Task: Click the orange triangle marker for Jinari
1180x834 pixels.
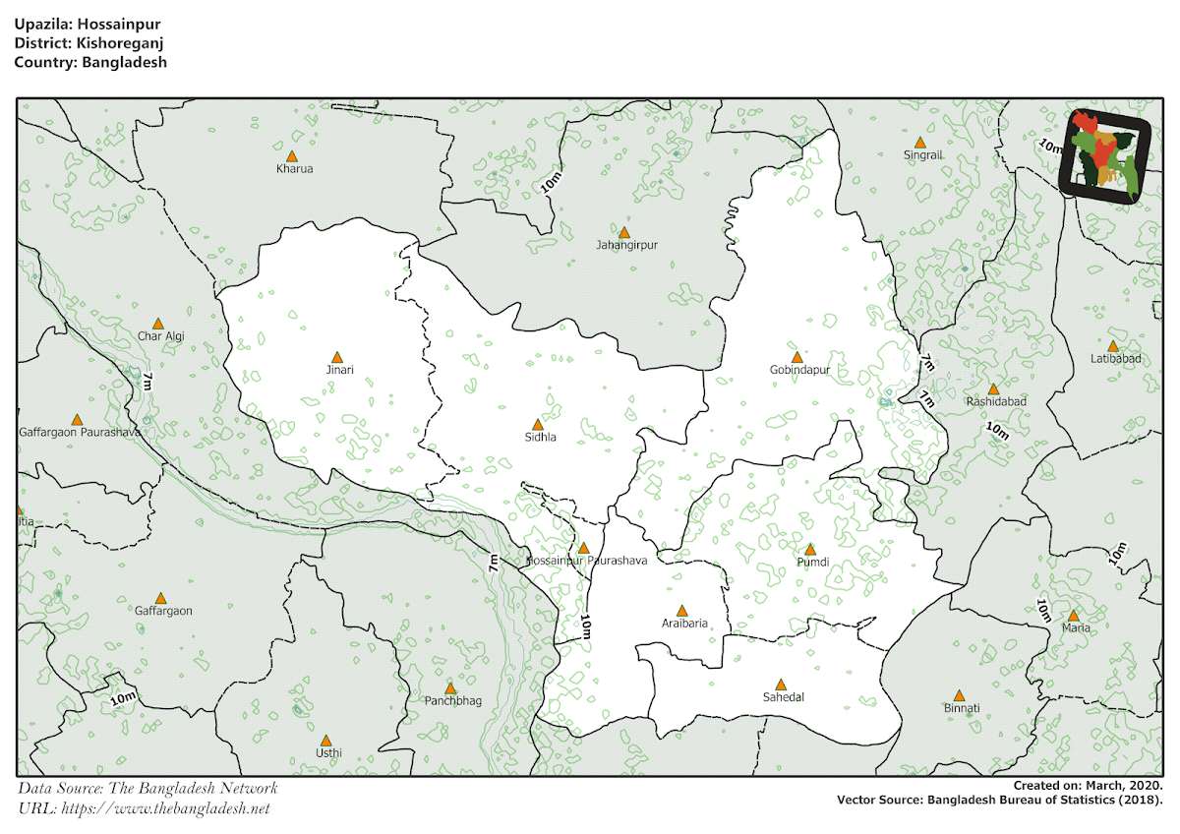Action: tap(336, 357)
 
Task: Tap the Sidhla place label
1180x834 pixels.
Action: tap(540, 438)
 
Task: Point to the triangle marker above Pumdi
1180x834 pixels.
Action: tap(810, 550)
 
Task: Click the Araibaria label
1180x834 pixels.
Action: tap(684, 623)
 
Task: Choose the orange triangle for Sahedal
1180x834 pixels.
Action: tap(781, 685)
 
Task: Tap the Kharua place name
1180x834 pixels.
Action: tap(295, 169)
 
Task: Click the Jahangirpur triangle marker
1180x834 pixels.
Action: tap(623, 232)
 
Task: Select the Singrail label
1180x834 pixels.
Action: tap(923, 155)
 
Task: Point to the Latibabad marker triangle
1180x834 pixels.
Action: tap(1112, 346)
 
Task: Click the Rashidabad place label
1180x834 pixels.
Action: tap(996, 402)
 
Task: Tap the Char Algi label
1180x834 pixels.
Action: tap(161, 336)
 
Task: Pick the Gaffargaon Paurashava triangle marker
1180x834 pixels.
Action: tap(77, 419)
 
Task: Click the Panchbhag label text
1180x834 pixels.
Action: tap(453, 701)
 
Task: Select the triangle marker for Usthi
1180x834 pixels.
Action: tap(326, 741)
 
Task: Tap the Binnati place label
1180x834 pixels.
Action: tap(962, 708)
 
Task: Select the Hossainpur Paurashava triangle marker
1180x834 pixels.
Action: tap(583, 548)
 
